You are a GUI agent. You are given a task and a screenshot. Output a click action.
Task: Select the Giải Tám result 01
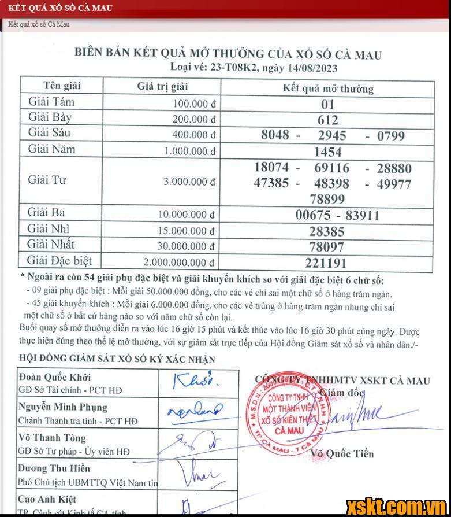[328, 105]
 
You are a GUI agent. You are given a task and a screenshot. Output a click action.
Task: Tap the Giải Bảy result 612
[328, 120]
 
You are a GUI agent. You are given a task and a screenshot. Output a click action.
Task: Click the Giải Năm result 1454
[328, 152]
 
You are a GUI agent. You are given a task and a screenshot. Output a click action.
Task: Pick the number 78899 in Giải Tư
[328, 200]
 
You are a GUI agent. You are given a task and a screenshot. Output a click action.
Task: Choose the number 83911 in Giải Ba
[362, 216]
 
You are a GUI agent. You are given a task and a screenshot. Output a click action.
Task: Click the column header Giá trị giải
[163, 87]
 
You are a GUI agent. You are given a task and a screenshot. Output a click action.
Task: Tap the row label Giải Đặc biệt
[60, 261]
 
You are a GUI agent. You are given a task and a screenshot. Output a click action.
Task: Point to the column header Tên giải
[62, 86]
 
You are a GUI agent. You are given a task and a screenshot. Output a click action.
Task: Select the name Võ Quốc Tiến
[342, 454]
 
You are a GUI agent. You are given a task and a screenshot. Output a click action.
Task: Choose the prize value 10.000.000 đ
[188, 214]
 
